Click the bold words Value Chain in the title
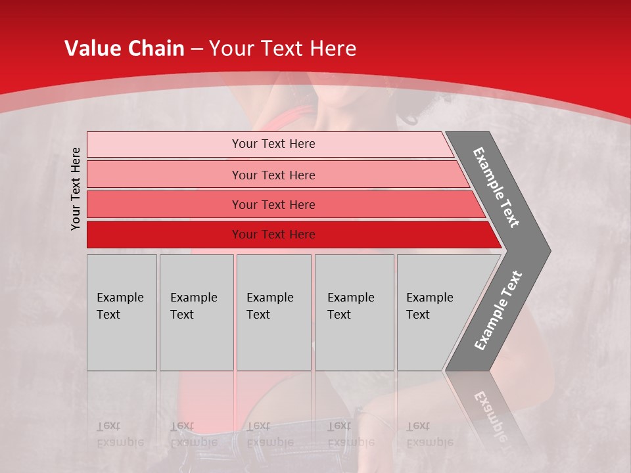coord(124,49)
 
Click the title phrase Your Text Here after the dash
coord(283,49)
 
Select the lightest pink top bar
coord(164,144)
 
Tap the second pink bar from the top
coord(164,175)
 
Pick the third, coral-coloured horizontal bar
coord(164,204)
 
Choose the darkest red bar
coord(164,235)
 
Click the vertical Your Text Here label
coord(76,189)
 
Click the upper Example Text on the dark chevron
coord(496,187)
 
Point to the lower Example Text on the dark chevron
coord(498,310)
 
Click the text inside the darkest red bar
coord(273,235)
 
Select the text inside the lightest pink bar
coord(273,144)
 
